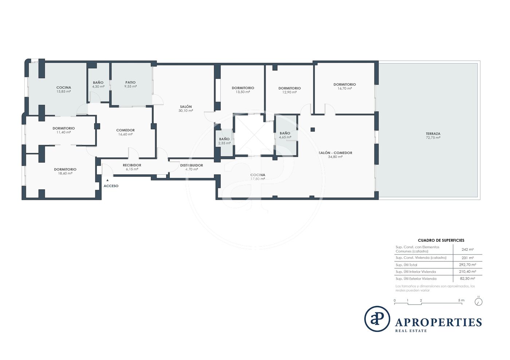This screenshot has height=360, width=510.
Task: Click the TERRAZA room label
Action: coord(433,134)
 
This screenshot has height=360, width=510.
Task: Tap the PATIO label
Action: coord(130,82)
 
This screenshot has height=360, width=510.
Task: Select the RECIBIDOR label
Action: coord(132,165)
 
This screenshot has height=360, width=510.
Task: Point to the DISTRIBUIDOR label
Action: coord(192,165)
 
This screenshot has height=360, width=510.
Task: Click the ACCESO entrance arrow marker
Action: coord(107,180)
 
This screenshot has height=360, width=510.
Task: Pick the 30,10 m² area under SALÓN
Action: coord(186,111)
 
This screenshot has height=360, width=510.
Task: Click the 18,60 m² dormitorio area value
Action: coord(65,173)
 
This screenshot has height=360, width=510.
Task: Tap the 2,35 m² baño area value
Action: coord(224,143)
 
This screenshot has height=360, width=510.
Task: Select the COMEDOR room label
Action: coord(125,130)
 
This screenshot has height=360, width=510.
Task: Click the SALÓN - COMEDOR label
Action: coord(336,153)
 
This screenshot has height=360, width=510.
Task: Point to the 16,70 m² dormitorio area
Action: coord(345,88)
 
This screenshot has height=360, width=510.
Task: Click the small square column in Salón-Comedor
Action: coord(313,130)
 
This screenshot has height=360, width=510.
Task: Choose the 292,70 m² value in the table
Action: coord(467,265)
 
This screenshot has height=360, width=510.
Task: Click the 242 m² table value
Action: coord(467,249)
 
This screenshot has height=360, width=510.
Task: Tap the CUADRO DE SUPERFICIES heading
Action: coord(441,240)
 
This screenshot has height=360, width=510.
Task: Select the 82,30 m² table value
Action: coord(467,278)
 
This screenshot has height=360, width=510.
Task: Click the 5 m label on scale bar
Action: coord(461,300)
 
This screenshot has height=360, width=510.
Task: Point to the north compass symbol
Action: coord(479,302)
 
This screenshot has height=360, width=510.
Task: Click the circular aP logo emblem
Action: coord(377,319)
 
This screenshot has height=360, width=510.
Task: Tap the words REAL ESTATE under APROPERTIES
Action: coord(411,331)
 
